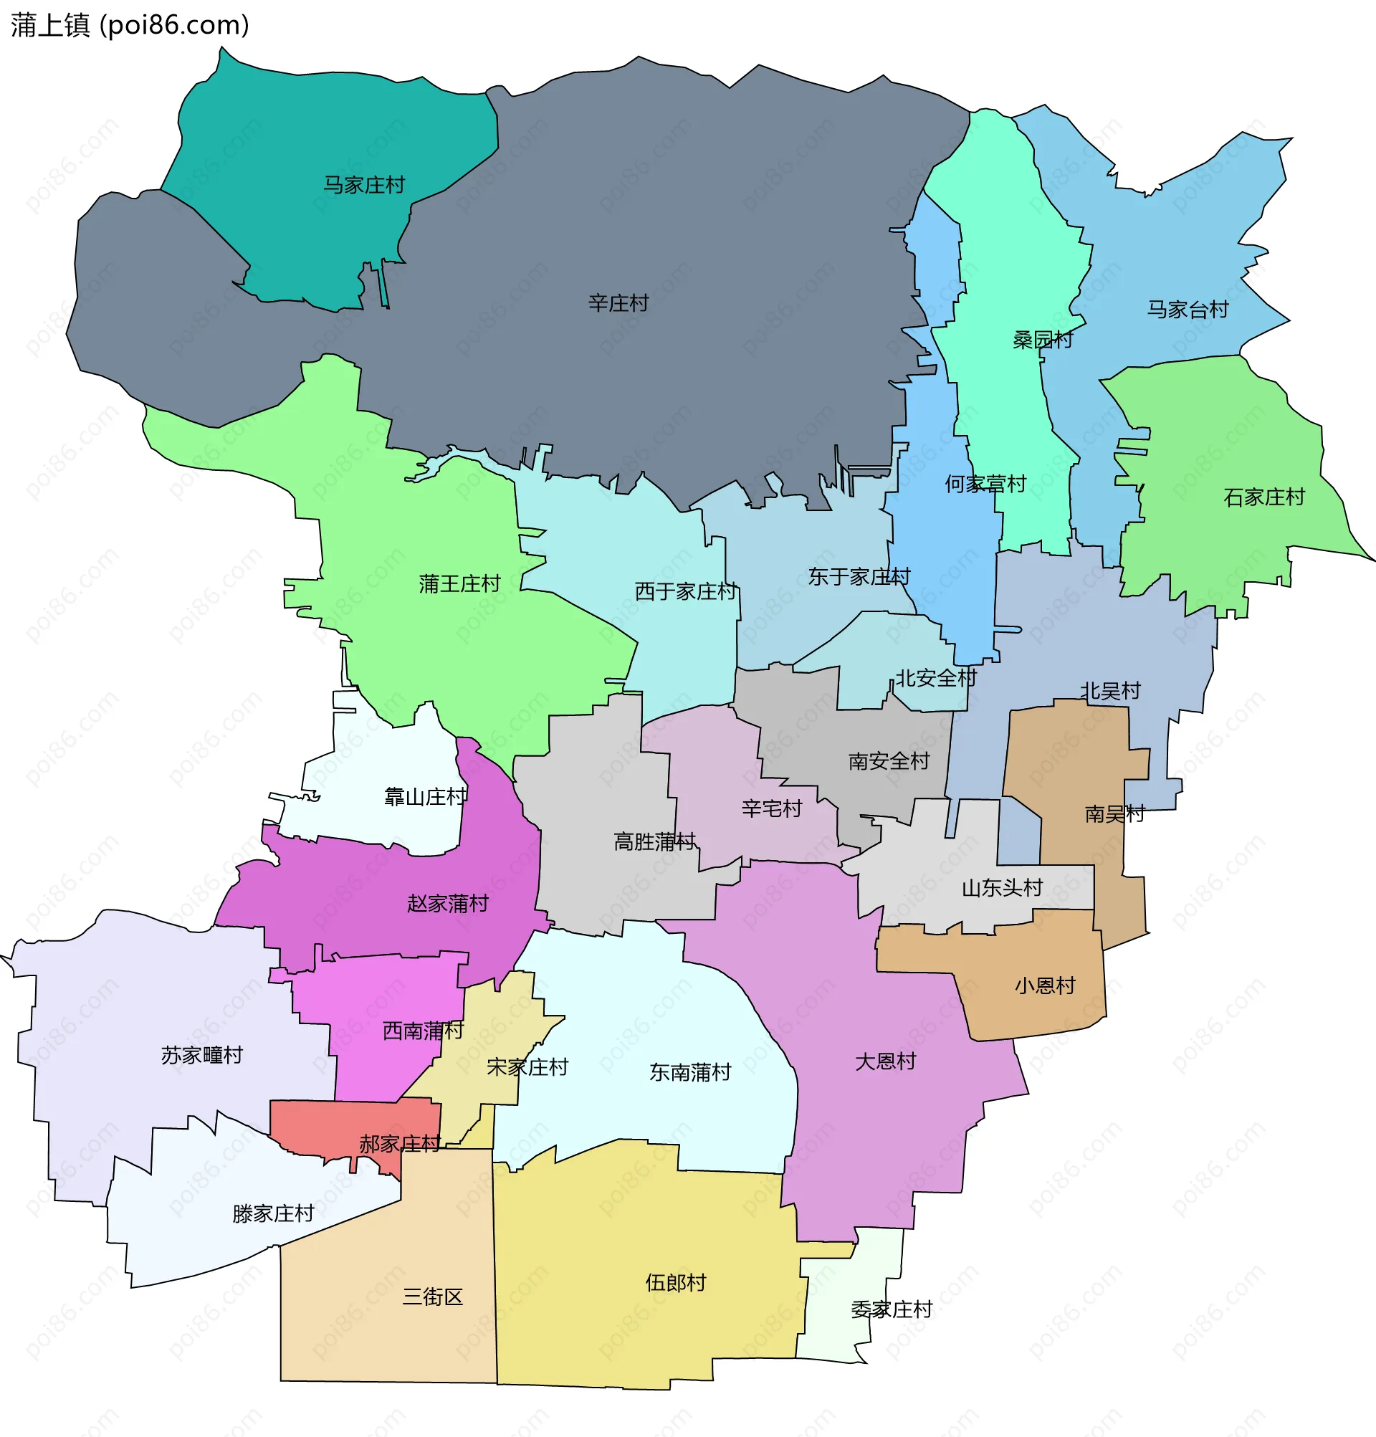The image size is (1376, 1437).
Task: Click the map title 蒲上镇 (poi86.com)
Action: (130, 25)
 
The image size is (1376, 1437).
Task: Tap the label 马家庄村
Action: (363, 185)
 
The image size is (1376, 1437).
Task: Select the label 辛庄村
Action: (618, 302)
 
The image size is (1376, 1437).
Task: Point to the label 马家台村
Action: (1187, 310)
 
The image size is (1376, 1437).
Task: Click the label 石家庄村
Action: (1263, 497)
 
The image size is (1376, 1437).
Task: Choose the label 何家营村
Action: (985, 484)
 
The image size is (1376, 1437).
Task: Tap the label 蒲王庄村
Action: (459, 583)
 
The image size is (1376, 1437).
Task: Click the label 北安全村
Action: (935, 677)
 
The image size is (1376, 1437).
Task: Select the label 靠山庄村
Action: (425, 796)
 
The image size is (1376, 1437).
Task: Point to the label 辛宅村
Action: (771, 808)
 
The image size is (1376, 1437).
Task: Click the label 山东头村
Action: (1001, 888)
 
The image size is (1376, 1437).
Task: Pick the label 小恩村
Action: (1044, 985)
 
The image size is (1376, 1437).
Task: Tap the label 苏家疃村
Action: (201, 1055)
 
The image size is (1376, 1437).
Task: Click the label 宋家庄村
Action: (527, 1066)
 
